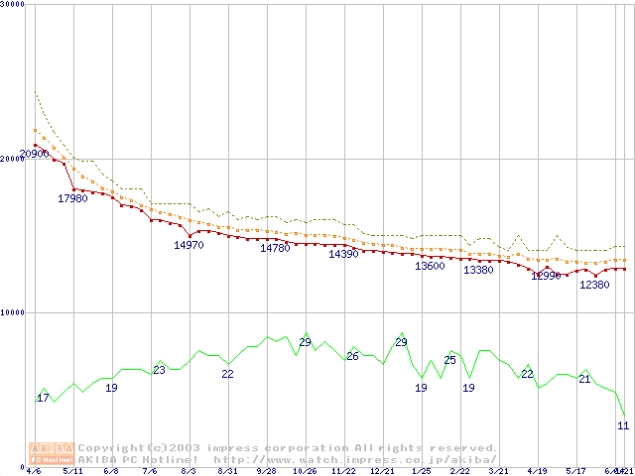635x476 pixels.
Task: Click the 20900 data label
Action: [35, 154]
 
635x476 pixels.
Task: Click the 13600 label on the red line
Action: [430, 266]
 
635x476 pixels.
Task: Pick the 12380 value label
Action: [594, 285]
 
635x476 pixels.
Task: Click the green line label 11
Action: [623, 424]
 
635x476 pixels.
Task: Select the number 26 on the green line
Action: [352, 355]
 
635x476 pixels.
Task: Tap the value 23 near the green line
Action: [159, 370]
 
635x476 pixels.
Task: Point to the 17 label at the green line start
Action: [43, 398]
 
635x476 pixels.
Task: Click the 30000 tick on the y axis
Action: [12, 4]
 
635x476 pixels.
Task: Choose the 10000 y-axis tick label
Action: [12, 312]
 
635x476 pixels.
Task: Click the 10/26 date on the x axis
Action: [305, 472]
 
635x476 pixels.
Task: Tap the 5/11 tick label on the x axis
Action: [72, 472]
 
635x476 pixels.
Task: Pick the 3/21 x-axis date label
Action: [498, 472]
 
